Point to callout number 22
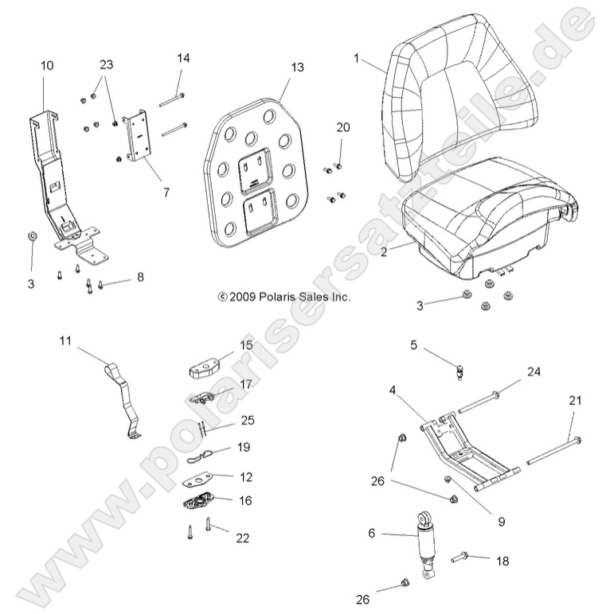click(242, 538)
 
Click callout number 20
click(342, 127)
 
